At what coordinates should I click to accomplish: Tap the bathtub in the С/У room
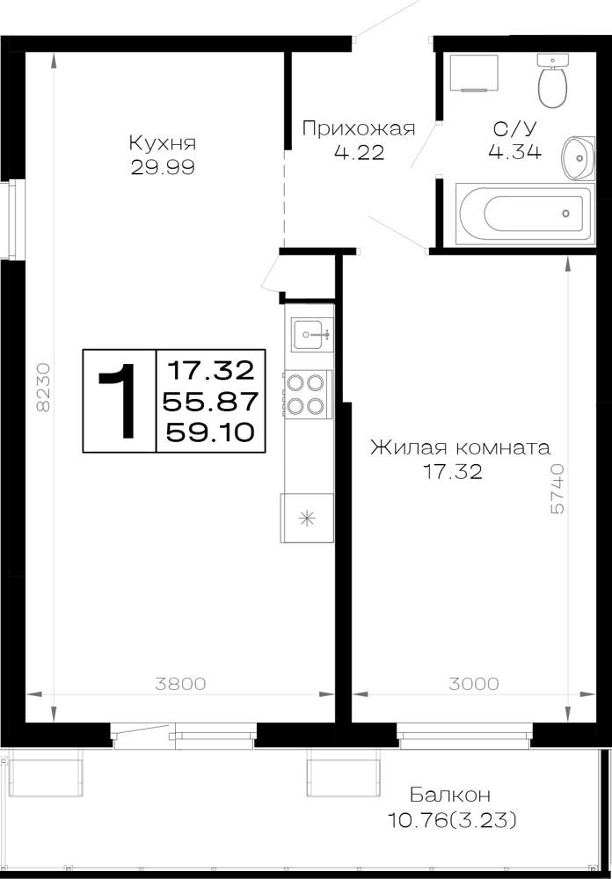pyautogui.click(x=524, y=214)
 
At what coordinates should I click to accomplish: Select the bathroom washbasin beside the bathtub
pyautogui.click(x=579, y=158)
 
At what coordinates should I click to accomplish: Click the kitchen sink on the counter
pyautogui.click(x=312, y=334)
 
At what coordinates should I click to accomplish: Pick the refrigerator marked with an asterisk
pyautogui.click(x=307, y=518)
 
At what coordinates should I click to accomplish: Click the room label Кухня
pyautogui.click(x=162, y=143)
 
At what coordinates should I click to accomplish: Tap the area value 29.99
pyautogui.click(x=163, y=167)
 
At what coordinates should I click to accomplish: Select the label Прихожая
pyautogui.click(x=359, y=129)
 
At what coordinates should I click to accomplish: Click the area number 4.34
pyautogui.click(x=515, y=152)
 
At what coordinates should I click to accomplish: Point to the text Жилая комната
pyautogui.click(x=460, y=448)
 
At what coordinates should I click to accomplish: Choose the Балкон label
pyautogui.click(x=450, y=795)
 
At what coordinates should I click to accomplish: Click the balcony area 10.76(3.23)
pyautogui.click(x=452, y=821)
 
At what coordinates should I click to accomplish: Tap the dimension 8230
pyautogui.click(x=43, y=387)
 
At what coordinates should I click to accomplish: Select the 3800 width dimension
pyautogui.click(x=181, y=684)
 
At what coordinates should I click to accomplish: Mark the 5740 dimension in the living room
pyautogui.click(x=558, y=489)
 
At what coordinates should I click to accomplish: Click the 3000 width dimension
pyautogui.click(x=473, y=684)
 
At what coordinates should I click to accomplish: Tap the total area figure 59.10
pyautogui.click(x=211, y=432)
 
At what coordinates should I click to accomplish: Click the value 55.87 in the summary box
pyautogui.click(x=210, y=401)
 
